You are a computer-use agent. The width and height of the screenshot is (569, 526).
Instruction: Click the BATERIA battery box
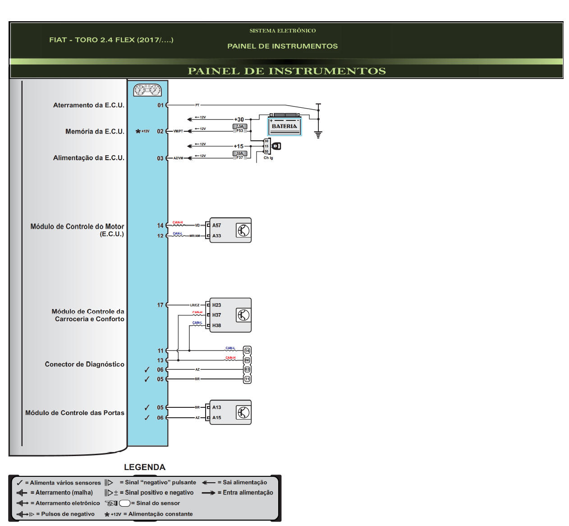284,126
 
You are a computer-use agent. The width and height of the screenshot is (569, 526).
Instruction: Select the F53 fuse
239,129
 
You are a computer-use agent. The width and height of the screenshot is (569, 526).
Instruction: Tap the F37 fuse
239,155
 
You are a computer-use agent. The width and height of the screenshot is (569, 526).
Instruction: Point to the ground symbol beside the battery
318,134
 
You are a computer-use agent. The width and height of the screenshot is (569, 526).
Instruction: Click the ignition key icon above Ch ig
276,146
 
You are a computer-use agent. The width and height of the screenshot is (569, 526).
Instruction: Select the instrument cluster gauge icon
147,90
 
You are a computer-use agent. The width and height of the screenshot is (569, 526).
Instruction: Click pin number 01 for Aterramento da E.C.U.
161,105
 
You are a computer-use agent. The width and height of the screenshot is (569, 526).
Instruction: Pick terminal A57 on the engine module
216,225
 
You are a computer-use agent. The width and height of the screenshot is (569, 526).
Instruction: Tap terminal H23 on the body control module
216,305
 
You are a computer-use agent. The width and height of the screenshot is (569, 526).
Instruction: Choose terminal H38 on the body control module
216,325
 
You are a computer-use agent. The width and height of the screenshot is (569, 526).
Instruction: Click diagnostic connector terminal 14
247,351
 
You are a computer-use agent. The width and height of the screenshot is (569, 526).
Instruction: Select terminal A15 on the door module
216,418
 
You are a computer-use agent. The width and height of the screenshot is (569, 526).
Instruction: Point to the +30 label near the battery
239,120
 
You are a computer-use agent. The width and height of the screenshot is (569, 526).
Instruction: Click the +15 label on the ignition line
238,146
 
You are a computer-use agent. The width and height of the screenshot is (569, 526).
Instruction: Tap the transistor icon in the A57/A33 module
243,231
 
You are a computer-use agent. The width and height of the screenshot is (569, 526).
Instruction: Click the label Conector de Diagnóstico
84,364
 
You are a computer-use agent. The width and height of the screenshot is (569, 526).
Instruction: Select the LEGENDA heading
145,467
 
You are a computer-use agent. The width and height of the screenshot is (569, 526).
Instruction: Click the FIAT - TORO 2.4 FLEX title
111,40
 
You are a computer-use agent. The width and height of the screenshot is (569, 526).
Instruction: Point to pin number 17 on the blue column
161,305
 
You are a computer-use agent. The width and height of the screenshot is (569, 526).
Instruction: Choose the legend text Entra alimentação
248,493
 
